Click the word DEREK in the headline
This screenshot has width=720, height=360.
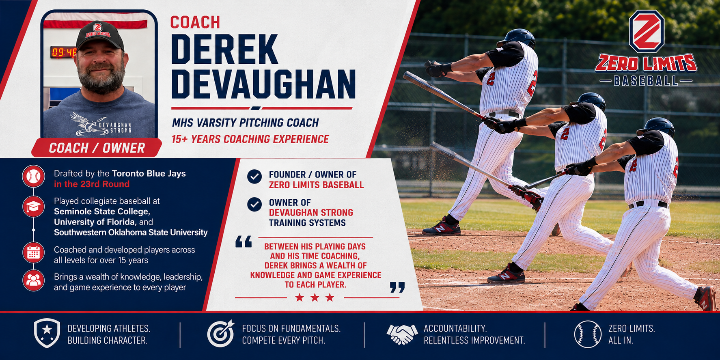click(224, 50)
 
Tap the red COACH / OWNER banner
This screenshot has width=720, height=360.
click(97, 148)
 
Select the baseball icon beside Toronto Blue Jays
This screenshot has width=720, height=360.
click(34, 176)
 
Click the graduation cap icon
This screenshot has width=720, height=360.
click(34, 207)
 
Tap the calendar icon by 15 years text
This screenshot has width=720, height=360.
click(34, 253)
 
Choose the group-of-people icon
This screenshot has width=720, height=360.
click(34, 280)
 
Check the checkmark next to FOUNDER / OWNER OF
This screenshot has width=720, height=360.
click(254, 177)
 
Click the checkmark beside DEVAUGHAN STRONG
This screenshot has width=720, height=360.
click(254, 205)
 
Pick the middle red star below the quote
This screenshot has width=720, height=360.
click(315, 297)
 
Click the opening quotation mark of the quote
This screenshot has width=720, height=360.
click(244, 242)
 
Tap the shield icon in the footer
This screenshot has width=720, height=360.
click(47, 333)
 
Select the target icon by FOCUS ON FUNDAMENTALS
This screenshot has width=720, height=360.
click(221, 334)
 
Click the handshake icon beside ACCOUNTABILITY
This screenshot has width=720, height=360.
click(402, 334)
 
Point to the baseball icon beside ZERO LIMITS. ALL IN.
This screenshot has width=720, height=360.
click(588, 334)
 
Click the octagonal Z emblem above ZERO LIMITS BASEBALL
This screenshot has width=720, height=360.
click(646, 32)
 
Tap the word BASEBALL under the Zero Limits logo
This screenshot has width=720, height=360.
click(646, 81)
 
